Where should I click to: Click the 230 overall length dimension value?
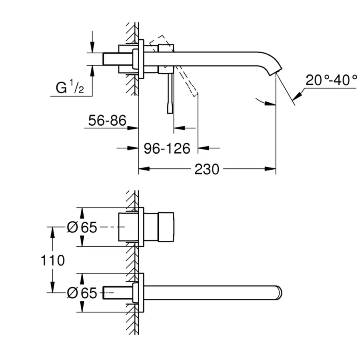[x=207, y=169]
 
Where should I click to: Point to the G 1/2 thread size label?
[x=70, y=87]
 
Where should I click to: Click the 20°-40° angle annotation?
[x=332, y=80]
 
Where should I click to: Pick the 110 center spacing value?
[x=52, y=260]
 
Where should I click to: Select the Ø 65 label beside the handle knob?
[x=82, y=227]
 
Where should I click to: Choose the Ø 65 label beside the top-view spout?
[x=82, y=293]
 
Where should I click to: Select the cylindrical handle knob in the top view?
[x=166, y=227]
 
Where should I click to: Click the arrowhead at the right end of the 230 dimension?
[x=272, y=169]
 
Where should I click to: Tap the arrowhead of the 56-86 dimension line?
[x=134, y=128]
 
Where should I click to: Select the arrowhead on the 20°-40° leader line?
[x=296, y=96]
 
